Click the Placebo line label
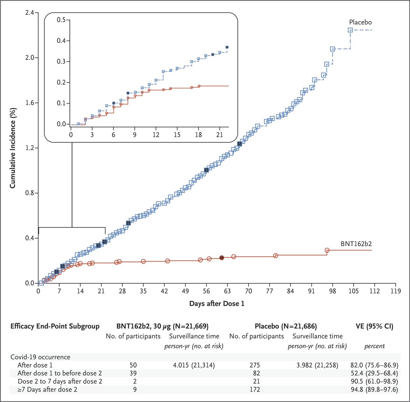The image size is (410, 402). click(360, 22)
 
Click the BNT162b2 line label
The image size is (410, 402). click(356, 244)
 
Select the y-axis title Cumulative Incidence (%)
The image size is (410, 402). click(13, 147)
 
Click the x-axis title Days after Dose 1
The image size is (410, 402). click(217, 303)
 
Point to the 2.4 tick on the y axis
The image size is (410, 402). click(29, 13)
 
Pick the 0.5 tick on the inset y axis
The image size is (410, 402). click(61, 20)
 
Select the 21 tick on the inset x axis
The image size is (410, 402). click(219, 135)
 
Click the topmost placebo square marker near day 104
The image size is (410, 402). click(350, 30)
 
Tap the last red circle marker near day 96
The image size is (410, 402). click(327, 250)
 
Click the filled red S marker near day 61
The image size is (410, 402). click(221, 258)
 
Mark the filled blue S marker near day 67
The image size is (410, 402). click(240, 144)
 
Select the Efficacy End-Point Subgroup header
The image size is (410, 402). click(55, 326)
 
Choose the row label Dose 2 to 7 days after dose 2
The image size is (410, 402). click(60, 381)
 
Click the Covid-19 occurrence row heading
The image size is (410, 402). click(40, 357)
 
